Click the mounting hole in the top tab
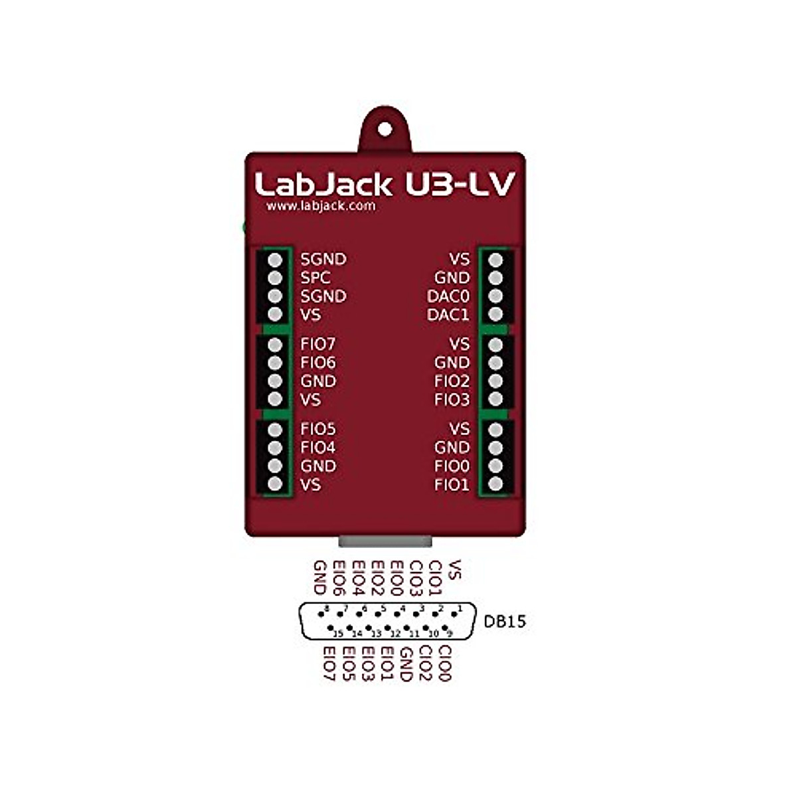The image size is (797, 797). [x=385, y=130]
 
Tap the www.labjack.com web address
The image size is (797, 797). [x=321, y=206]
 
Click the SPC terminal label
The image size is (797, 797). [x=315, y=278]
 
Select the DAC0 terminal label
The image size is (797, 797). [x=448, y=296]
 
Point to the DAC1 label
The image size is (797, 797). [x=448, y=315]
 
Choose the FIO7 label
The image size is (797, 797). [x=318, y=344]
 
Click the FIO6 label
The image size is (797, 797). [x=318, y=363]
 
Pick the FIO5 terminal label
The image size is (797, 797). [x=318, y=429]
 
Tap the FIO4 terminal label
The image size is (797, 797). [x=318, y=448]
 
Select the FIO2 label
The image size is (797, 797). [x=452, y=381]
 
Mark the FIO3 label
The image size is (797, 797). [x=452, y=400]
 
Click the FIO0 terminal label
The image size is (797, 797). [x=452, y=466]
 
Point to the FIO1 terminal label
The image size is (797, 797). [x=452, y=485]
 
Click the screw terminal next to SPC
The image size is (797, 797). [x=275, y=278]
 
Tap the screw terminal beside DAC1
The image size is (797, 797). [x=495, y=314]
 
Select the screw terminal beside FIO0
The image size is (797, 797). [x=495, y=466]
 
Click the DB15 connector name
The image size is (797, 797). [x=505, y=622]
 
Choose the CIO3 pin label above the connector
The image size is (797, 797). [x=416, y=578]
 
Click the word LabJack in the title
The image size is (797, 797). [x=323, y=185]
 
